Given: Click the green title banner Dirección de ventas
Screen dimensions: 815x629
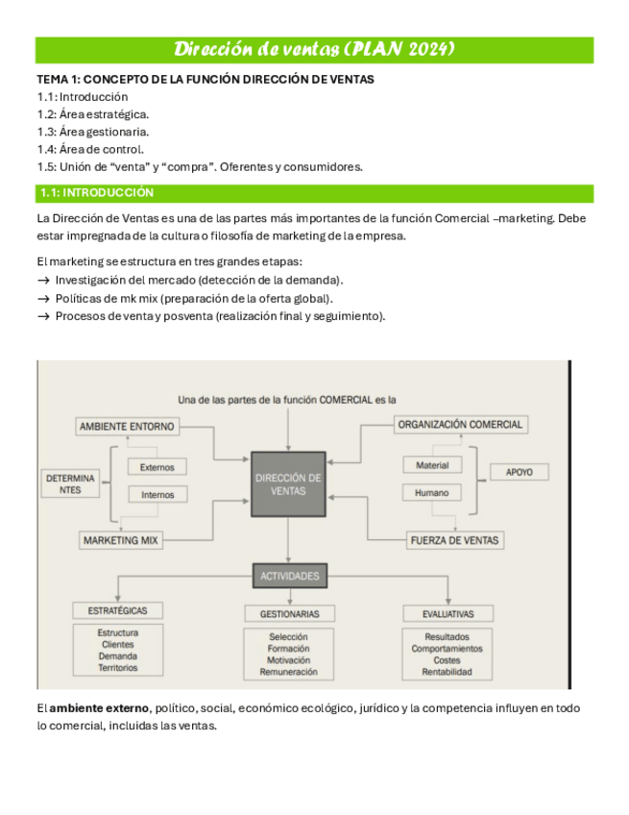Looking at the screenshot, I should [314, 49].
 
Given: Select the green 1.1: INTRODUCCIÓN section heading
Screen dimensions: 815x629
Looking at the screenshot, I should [314, 193].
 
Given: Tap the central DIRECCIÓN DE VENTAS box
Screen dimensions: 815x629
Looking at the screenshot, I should [288, 484].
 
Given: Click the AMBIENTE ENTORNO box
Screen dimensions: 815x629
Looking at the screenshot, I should [127, 426].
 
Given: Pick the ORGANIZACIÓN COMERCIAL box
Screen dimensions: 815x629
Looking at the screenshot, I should [460, 424].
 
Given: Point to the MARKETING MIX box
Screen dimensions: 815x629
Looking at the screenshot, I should [120, 540].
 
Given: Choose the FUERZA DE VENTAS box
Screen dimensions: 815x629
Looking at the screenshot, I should [454, 540].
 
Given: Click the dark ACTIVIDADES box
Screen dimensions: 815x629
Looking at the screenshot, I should [289, 576].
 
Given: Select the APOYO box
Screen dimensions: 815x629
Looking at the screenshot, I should [526, 472].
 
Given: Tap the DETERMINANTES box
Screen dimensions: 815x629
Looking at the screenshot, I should [70, 483].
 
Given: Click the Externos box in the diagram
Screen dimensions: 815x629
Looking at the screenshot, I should [157, 467].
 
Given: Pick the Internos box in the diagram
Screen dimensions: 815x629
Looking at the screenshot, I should [157, 495].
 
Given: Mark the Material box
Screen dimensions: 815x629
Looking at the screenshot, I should [431, 465].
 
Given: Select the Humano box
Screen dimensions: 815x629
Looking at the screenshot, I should [431, 493].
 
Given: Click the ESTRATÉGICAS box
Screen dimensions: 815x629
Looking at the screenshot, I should [117, 610].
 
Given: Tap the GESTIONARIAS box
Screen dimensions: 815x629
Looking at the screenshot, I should [289, 613].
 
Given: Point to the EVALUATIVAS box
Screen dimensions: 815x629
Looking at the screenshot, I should [447, 613].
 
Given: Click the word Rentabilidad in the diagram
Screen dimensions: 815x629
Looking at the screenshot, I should [447, 672].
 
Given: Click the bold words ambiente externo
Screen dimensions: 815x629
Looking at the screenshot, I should [100, 708].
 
